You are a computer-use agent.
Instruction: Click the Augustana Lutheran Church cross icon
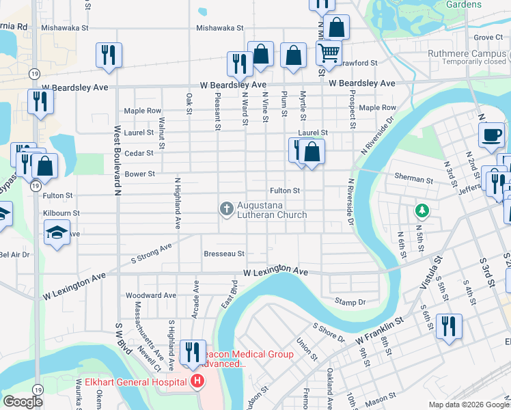pos(226,208)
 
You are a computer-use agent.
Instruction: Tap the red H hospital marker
pos(197,381)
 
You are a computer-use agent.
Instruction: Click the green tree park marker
pos(422,210)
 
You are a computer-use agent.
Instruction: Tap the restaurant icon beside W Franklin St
pos(449,325)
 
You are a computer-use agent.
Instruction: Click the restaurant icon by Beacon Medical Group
pos(192,352)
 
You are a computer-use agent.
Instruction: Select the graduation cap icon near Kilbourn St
pos(58,232)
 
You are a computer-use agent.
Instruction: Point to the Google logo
pos(23,401)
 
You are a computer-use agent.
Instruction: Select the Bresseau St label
pos(224,254)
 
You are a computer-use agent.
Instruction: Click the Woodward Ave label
pos(151,295)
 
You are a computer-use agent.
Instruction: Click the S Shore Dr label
pos(329,333)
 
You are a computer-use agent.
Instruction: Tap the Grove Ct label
pos(488,37)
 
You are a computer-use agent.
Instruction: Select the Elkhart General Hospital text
pos(133,381)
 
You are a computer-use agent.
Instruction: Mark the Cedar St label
pos(139,153)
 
